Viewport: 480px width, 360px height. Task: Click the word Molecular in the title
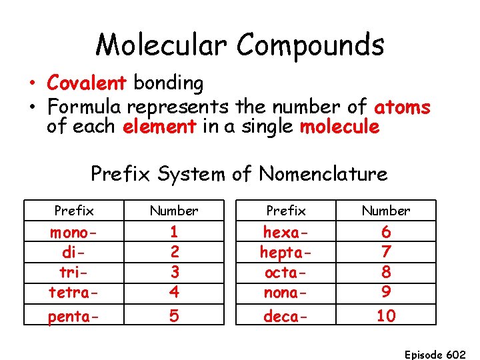pyautogui.click(x=163, y=46)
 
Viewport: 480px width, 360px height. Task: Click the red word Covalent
pyautogui.click(x=87, y=83)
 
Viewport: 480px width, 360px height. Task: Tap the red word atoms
pyautogui.click(x=402, y=107)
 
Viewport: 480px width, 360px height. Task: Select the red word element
pyautogui.click(x=159, y=127)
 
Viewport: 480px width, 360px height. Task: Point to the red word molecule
pyautogui.click(x=340, y=127)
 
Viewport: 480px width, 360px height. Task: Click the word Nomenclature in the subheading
pyautogui.click(x=323, y=174)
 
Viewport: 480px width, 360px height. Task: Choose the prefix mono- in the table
pyautogui.click(x=73, y=233)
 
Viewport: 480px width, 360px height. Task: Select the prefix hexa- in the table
pyautogui.click(x=285, y=233)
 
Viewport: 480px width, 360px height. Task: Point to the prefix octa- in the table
pyautogui.click(x=285, y=272)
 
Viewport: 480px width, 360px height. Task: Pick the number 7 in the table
pyautogui.click(x=385, y=253)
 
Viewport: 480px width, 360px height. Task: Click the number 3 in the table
pyautogui.click(x=173, y=272)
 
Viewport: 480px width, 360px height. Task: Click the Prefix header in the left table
pyautogui.click(x=73, y=211)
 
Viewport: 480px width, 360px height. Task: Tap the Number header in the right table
pyautogui.click(x=385, y=211)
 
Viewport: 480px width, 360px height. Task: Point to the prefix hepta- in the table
pyautogui.click(x=285, y=253)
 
